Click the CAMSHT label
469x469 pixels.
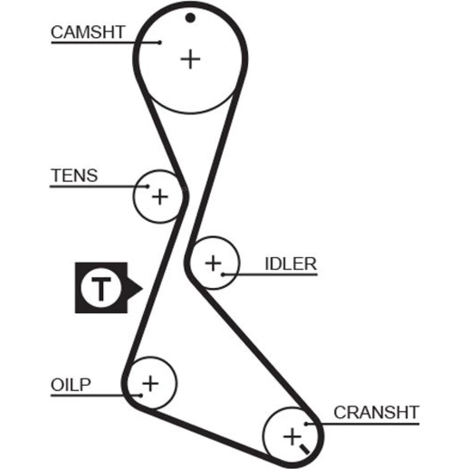coord(88,33)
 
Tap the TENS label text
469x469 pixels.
coord(74,175)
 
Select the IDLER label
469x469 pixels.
coord(291,264)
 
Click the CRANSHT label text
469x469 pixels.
coord(376,413)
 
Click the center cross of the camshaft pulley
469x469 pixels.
coord(190,59)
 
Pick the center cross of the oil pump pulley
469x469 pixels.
coord(151,384)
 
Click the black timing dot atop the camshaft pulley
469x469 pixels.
coord(189,18)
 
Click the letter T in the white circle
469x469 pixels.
coord(101,288)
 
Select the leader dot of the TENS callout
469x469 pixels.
coord(147,186)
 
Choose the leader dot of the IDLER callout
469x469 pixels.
coord(224,274)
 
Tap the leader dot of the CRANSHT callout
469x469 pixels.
coord(306,424)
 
